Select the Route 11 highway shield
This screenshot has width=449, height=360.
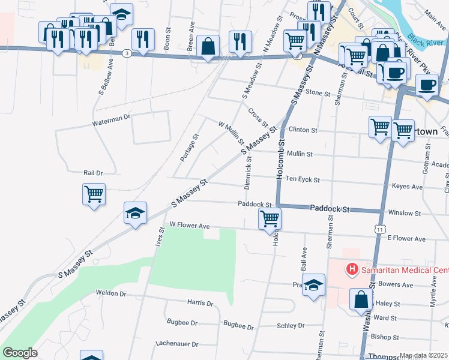tap(379, 229)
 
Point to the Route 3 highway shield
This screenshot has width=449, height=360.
tap(127, 53)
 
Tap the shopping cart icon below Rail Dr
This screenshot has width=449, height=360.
tap(94, 194)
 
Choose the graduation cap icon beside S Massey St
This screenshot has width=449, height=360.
tap(135, 212)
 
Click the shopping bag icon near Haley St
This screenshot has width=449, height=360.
tap(361, 299)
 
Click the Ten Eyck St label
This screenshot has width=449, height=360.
tap(302, 179)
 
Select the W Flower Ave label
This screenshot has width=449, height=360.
tap(189, 226)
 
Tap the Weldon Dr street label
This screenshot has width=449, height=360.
tap(111, 293)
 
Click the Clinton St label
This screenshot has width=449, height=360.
tap(302, 130)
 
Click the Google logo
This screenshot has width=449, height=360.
tap(20, 353)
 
